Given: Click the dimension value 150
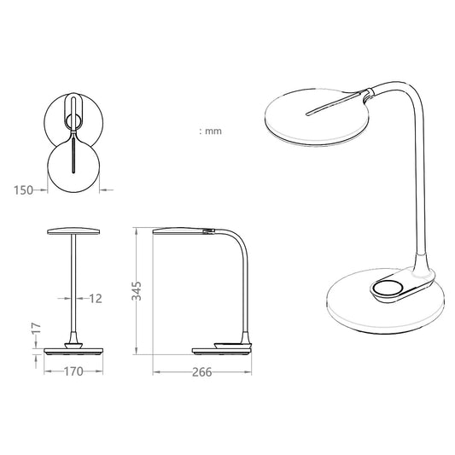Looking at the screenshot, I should coord(24,190).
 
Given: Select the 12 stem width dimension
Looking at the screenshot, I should coord(95,298).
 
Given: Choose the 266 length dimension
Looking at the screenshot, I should coord(201,372).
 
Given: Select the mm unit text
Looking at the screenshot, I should coord(211,131).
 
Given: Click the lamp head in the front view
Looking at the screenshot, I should coord(73,231).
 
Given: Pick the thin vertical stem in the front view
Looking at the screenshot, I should coord(73,282).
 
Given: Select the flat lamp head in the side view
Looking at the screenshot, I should coord(181,230).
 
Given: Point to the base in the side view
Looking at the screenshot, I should coord(225,349).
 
